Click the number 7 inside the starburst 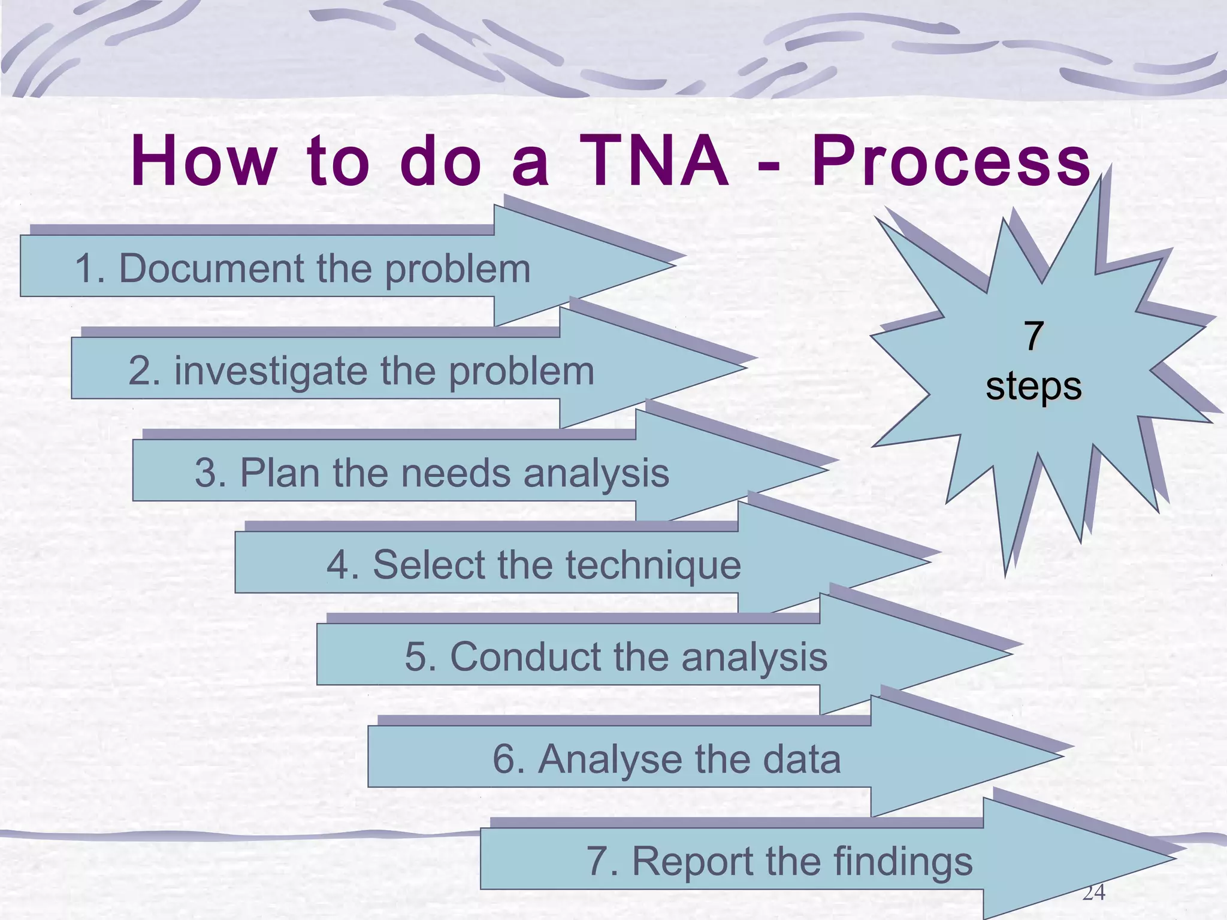[1033, 337]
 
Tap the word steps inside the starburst [1033, 386]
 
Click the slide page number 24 [1093, 892]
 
